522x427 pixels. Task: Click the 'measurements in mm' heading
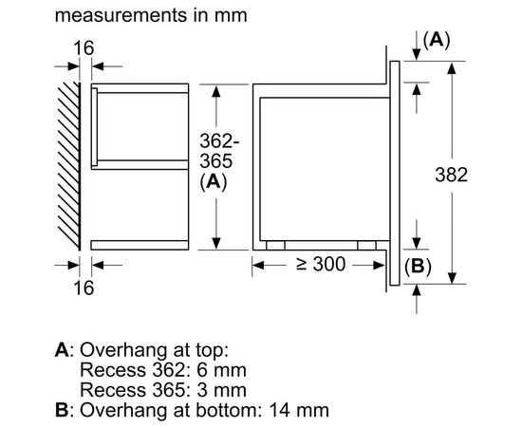coord(151,15)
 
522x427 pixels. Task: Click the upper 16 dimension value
coord(84,48)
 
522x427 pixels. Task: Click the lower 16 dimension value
coord(84,288)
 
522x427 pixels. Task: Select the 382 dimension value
coord(451,175)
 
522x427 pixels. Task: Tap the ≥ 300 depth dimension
coord(321,264)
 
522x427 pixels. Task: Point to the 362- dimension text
coord(219,141)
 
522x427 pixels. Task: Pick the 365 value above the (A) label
coord(216,161)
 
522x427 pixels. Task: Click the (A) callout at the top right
coord(437,40)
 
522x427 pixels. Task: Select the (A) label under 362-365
coord(214,182)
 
